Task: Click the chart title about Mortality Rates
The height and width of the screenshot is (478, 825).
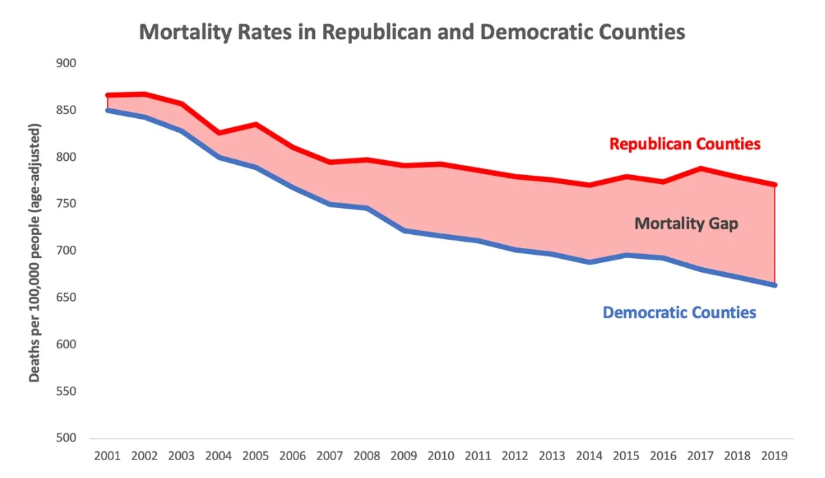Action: pos(412,32)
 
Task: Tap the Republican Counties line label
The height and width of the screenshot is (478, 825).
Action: pos(685,144)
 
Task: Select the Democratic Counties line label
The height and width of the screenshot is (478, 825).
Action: pos(679,312)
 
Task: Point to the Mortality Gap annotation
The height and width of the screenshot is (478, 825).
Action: pos(686,224)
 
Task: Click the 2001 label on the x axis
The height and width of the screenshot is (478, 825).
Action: pos(107,455)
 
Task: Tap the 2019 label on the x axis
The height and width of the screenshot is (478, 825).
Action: pos(775,455)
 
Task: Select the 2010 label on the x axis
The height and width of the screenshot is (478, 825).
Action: pos(441,455)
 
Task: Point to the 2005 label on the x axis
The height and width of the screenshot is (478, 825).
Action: pos(256,455)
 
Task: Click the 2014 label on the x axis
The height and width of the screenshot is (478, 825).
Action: pos(589,455)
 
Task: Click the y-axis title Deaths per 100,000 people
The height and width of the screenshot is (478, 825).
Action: pos(34,253)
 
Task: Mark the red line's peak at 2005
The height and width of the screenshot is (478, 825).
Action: pos(256,124)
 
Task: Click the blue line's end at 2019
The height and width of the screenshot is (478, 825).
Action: pos(775,285)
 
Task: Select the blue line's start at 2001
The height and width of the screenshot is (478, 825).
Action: pos(108,110)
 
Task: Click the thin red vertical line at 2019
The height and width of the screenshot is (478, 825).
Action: pos(775,234)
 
